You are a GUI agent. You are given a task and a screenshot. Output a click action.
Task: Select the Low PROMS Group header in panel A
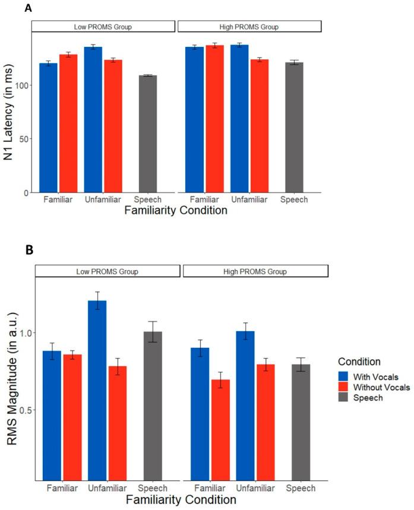103,27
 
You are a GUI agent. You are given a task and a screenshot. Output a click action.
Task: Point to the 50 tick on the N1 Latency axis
26,139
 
